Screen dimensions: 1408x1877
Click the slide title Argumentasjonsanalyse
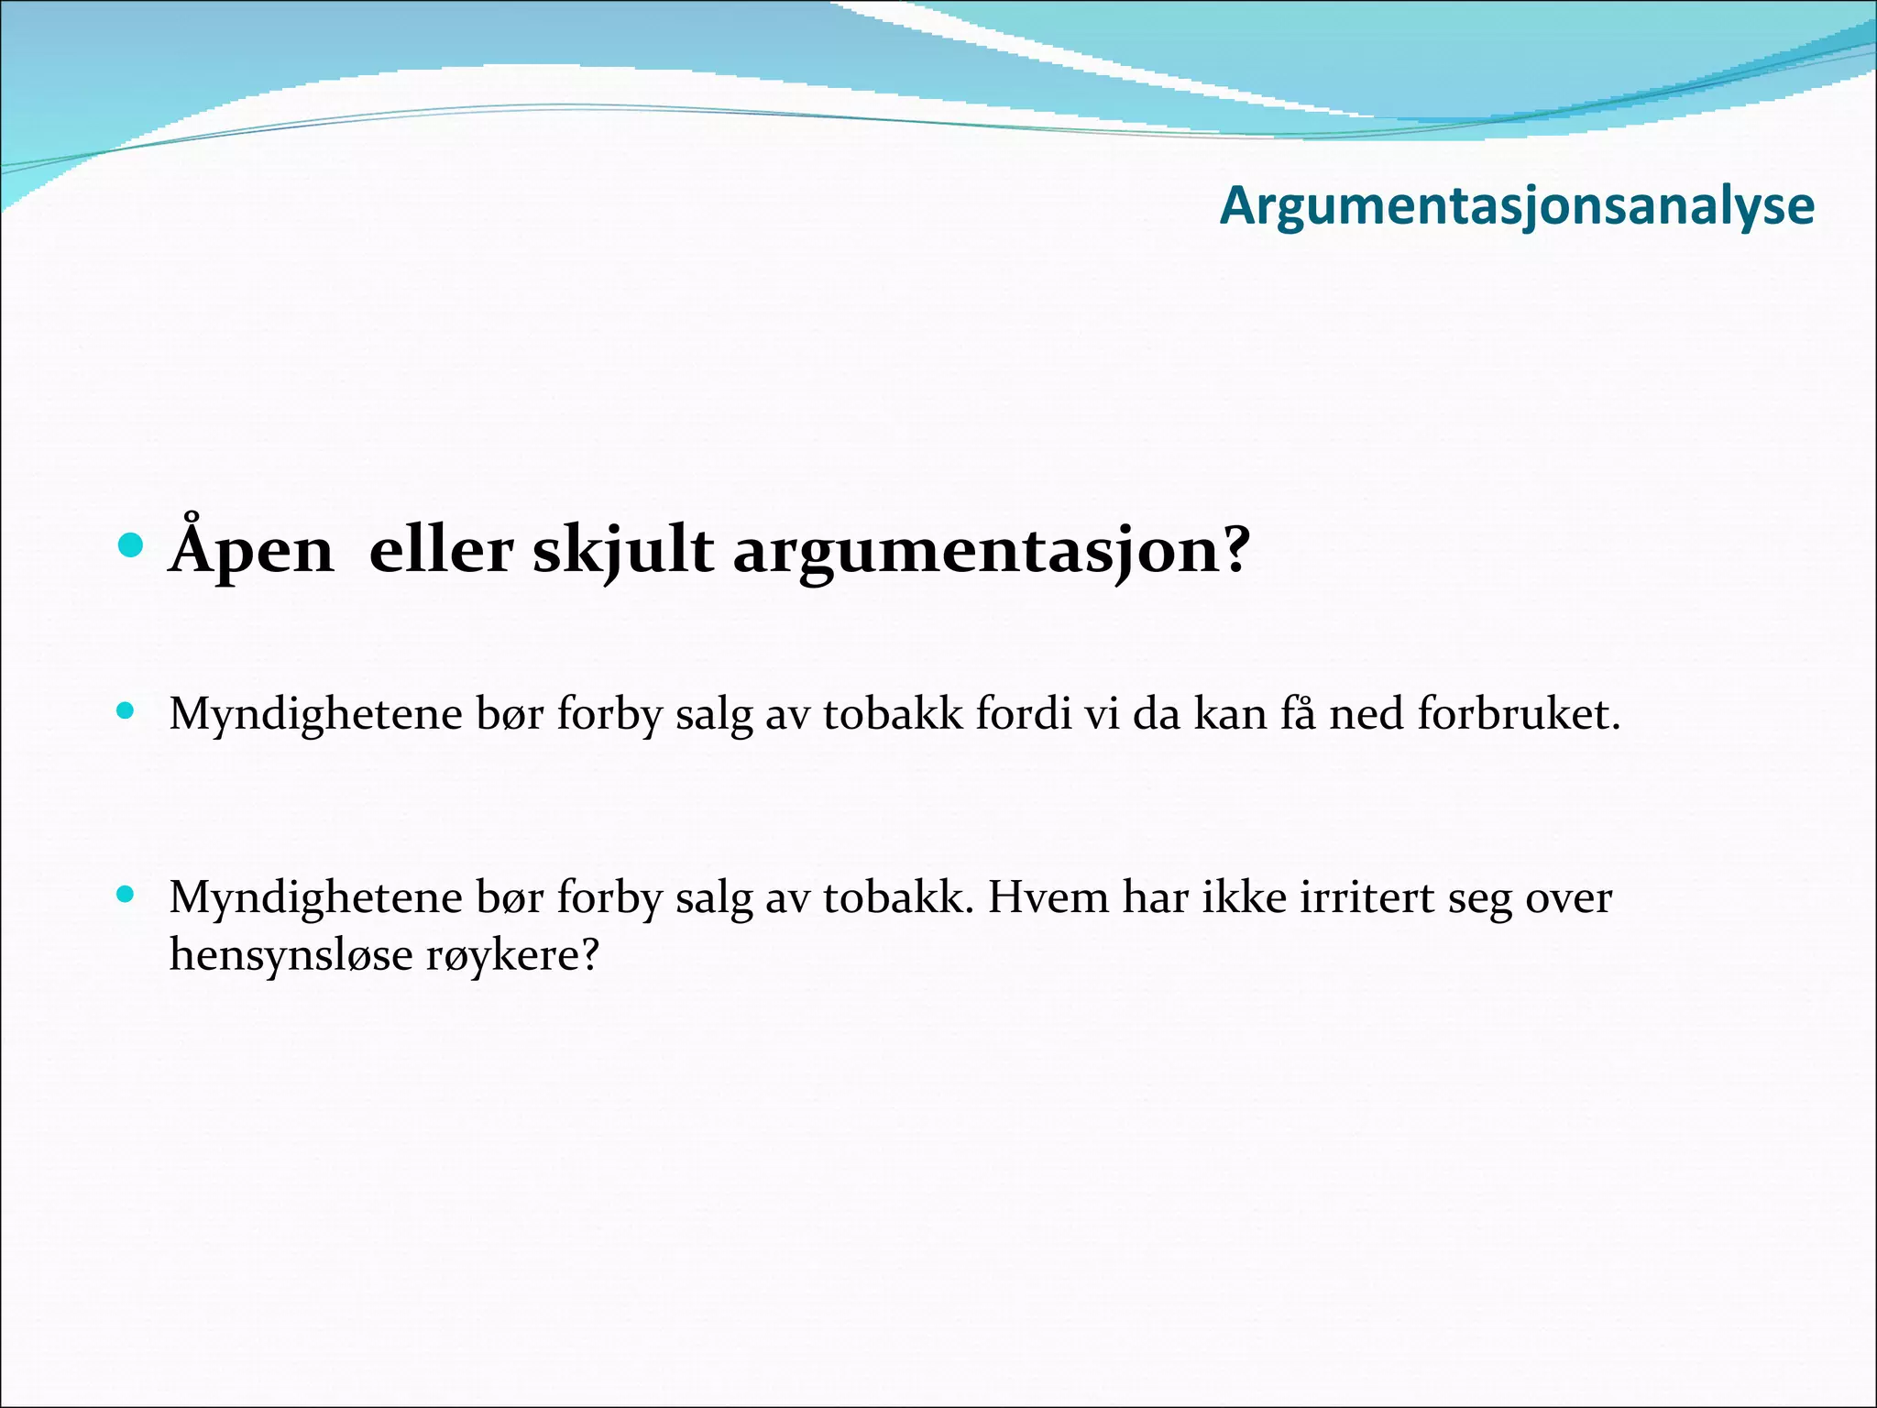(x=1517, y=206)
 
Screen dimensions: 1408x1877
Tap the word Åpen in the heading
(x=252, y=551)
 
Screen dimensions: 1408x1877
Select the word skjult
(x=622, y=551)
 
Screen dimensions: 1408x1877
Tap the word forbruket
(x=1519, y=713)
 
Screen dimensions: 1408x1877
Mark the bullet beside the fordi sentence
(x=126, y=710)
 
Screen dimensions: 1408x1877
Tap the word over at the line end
(x=1568, y=896)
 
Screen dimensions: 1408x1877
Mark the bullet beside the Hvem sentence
(x=126, y=894)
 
